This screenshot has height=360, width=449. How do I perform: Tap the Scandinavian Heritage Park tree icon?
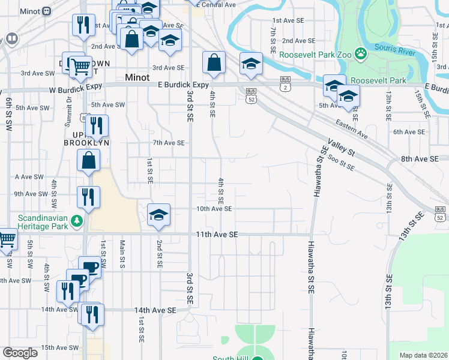(76, 221)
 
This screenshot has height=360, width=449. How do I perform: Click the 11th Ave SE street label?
(217, 235)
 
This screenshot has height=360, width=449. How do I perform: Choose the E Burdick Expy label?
(187, 85)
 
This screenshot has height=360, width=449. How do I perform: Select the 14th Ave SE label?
(155, 310)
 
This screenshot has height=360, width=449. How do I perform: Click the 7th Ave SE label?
(168, 143)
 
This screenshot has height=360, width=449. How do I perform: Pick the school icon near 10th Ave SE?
(158, 214)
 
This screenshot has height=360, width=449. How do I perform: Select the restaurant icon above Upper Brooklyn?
(95, 125)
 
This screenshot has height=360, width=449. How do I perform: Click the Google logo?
(20, 352)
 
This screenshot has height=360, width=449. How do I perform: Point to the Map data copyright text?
(423, 355)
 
